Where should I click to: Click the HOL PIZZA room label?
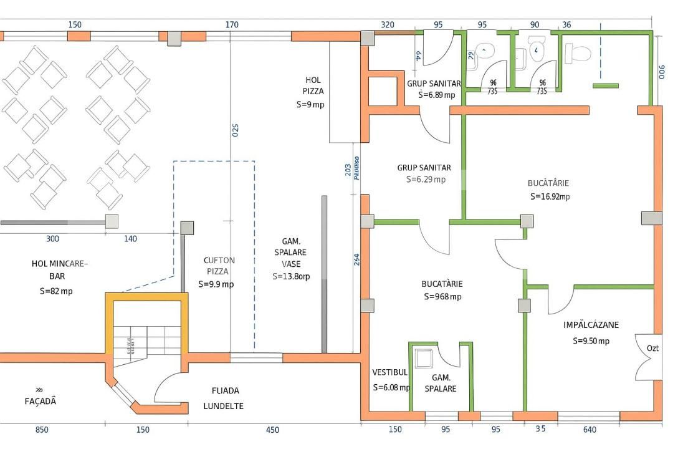[313, 85]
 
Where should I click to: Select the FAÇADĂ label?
[41, 401]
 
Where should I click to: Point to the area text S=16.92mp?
[550, 196]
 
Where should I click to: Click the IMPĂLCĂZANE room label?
[591, 325]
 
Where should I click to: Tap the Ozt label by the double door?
[652, 348]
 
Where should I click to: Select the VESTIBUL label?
[390, 372]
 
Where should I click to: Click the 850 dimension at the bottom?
[42, 430]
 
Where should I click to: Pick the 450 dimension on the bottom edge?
[272, 430]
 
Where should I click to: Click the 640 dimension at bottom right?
[589, 430]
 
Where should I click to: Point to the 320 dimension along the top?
[387, 25]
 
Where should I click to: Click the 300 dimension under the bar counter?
[53, 239]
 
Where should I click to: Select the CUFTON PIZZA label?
[219, 266]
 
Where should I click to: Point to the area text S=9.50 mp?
[591, 341]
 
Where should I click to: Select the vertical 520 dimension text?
[236, 131]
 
